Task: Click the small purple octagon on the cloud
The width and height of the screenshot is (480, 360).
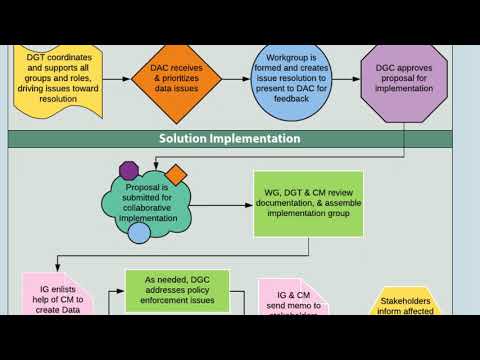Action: pos(128,171)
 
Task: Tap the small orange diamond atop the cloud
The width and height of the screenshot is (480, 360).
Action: pos(176,175)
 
